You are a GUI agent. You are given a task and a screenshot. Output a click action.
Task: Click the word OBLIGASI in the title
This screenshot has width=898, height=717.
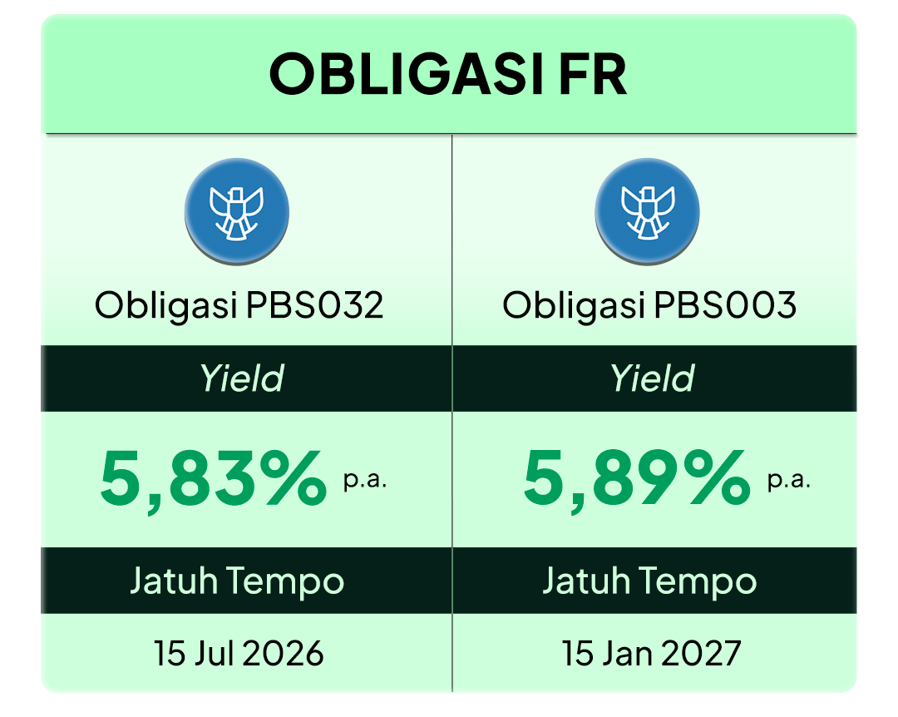[406, 75]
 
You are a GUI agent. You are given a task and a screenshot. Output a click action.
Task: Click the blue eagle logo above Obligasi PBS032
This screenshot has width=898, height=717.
[236, 211]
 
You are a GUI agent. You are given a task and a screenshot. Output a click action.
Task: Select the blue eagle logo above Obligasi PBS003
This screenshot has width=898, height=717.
[647, 211]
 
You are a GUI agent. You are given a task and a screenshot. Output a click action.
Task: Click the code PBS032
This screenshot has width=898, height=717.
[314, 305]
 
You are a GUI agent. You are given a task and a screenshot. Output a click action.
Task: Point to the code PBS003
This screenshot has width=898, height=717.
[724, 305]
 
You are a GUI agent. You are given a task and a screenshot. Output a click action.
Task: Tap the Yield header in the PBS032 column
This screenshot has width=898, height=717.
[241, 378]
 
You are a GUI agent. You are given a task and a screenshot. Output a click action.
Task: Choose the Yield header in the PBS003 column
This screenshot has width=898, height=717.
[652, 378]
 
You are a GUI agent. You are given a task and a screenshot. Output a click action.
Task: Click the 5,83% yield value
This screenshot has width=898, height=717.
[213, 478]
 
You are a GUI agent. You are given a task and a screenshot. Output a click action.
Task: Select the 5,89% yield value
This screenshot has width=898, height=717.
[636, 478]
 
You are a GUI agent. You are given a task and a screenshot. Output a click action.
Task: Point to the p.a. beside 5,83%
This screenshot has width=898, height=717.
[365, 480]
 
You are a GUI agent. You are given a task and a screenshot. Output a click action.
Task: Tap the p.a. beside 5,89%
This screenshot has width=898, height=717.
[788, 480]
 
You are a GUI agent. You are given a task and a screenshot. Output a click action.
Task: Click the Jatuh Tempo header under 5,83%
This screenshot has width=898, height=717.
[237, 581]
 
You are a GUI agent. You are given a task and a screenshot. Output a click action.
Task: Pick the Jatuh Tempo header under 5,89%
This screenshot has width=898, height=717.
[649, 581]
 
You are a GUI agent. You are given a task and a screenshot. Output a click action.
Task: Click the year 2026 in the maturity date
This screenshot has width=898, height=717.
[283, 654]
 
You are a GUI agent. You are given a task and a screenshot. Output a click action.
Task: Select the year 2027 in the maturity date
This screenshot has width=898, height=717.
[701, 654]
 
